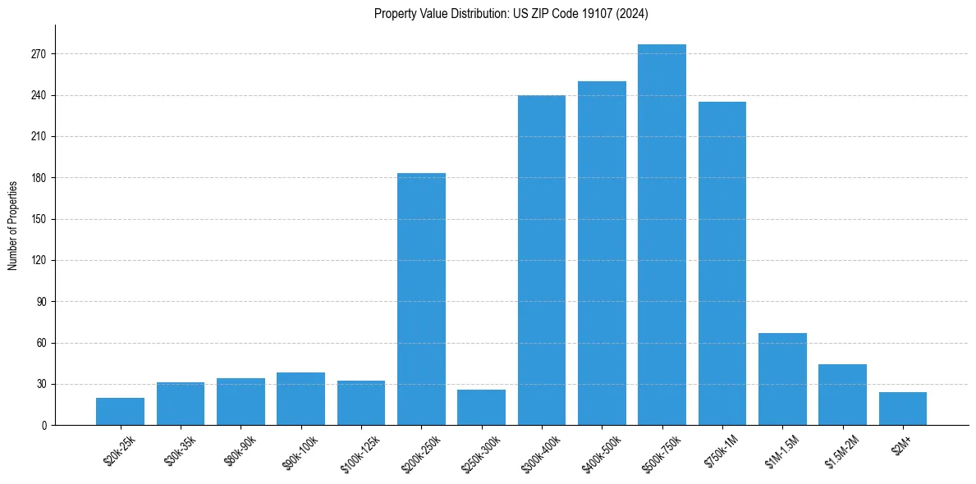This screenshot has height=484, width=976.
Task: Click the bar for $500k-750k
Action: tap(662, 235)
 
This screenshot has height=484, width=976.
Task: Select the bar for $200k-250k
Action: tap(421, 299)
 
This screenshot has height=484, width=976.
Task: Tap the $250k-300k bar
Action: tap(481, 408)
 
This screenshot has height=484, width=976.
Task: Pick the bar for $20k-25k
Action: tap(120, 412)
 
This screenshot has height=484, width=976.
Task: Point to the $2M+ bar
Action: tap(902, 409)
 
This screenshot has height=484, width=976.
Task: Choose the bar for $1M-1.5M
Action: tap(782, 379)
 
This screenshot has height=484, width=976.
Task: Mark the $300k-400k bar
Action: tap(542, 260)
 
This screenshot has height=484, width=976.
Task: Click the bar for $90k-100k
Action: tap(300, 399)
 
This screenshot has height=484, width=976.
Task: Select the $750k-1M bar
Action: tap(722, 263)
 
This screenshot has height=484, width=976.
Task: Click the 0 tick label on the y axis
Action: tap(44, 425)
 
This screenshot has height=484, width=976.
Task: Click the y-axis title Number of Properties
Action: tap(12, 225)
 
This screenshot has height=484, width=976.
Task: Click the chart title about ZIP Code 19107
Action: tap(511, 13)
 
